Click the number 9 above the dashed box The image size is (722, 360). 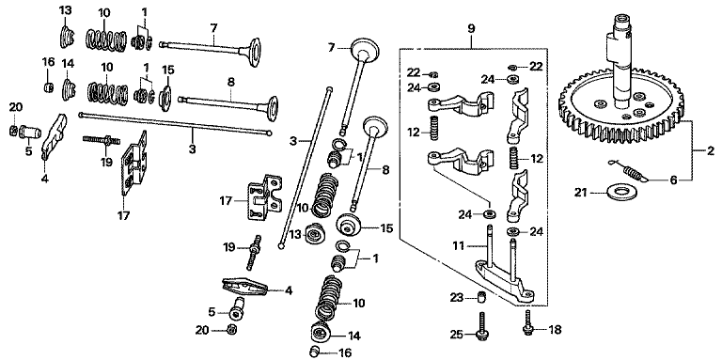[471, 28]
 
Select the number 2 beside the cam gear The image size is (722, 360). [711, 150]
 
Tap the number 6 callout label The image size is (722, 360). [673, 180]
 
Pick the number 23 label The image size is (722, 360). [457, 298]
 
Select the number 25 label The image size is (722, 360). [457, 334]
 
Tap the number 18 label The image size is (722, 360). [555, 330]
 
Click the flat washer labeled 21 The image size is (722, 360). [613, 192]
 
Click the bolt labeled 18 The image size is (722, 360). [528, 321]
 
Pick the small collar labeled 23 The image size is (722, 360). [481, 297]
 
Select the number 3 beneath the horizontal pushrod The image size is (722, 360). [192, 149]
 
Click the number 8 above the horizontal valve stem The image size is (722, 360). [230, 82]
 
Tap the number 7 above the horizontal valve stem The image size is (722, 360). [213, 27]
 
